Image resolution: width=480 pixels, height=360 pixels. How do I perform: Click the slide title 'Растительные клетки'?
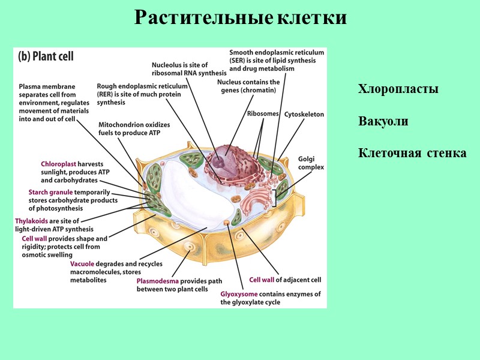[x=240, y=17]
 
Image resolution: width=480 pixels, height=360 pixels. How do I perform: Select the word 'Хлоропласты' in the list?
[x=398, y=89]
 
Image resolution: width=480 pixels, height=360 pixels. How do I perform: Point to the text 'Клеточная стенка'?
[x=412, y=153]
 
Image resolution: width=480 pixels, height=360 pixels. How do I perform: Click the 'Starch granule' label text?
[x=51, y=193]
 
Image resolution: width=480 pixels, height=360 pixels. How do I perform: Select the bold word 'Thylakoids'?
[x=31, y=221]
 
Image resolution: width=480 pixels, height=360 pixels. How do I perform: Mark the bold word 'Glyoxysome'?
[x=239, y=294]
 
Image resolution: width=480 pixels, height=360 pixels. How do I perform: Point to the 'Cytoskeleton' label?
[x=304, y=113]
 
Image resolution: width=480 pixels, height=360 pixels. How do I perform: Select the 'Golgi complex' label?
[x=311, y=163]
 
